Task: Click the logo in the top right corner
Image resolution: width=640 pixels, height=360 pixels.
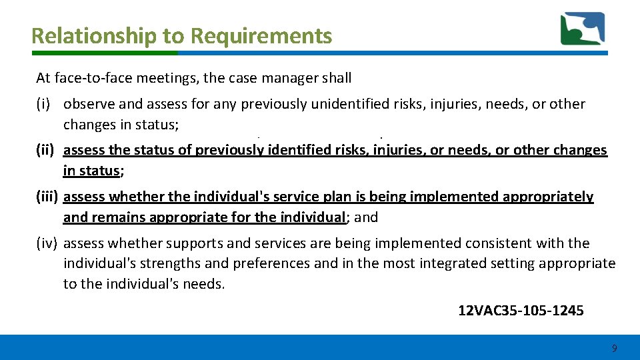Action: pyautogui.click(x=582, y=29)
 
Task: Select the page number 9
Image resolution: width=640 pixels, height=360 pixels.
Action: pyautogui.click(x=614, y=348)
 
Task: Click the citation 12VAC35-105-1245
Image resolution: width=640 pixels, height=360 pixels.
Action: pyautogui.click(x=521, y=310)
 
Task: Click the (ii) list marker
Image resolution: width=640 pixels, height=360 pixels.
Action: pyautogui.click(x=45, y=150)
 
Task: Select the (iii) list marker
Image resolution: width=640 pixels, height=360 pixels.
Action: pyautogui.click(x=47, y=197)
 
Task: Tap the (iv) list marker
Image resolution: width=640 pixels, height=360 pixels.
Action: pyautogui.click(x=47, y=243)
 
